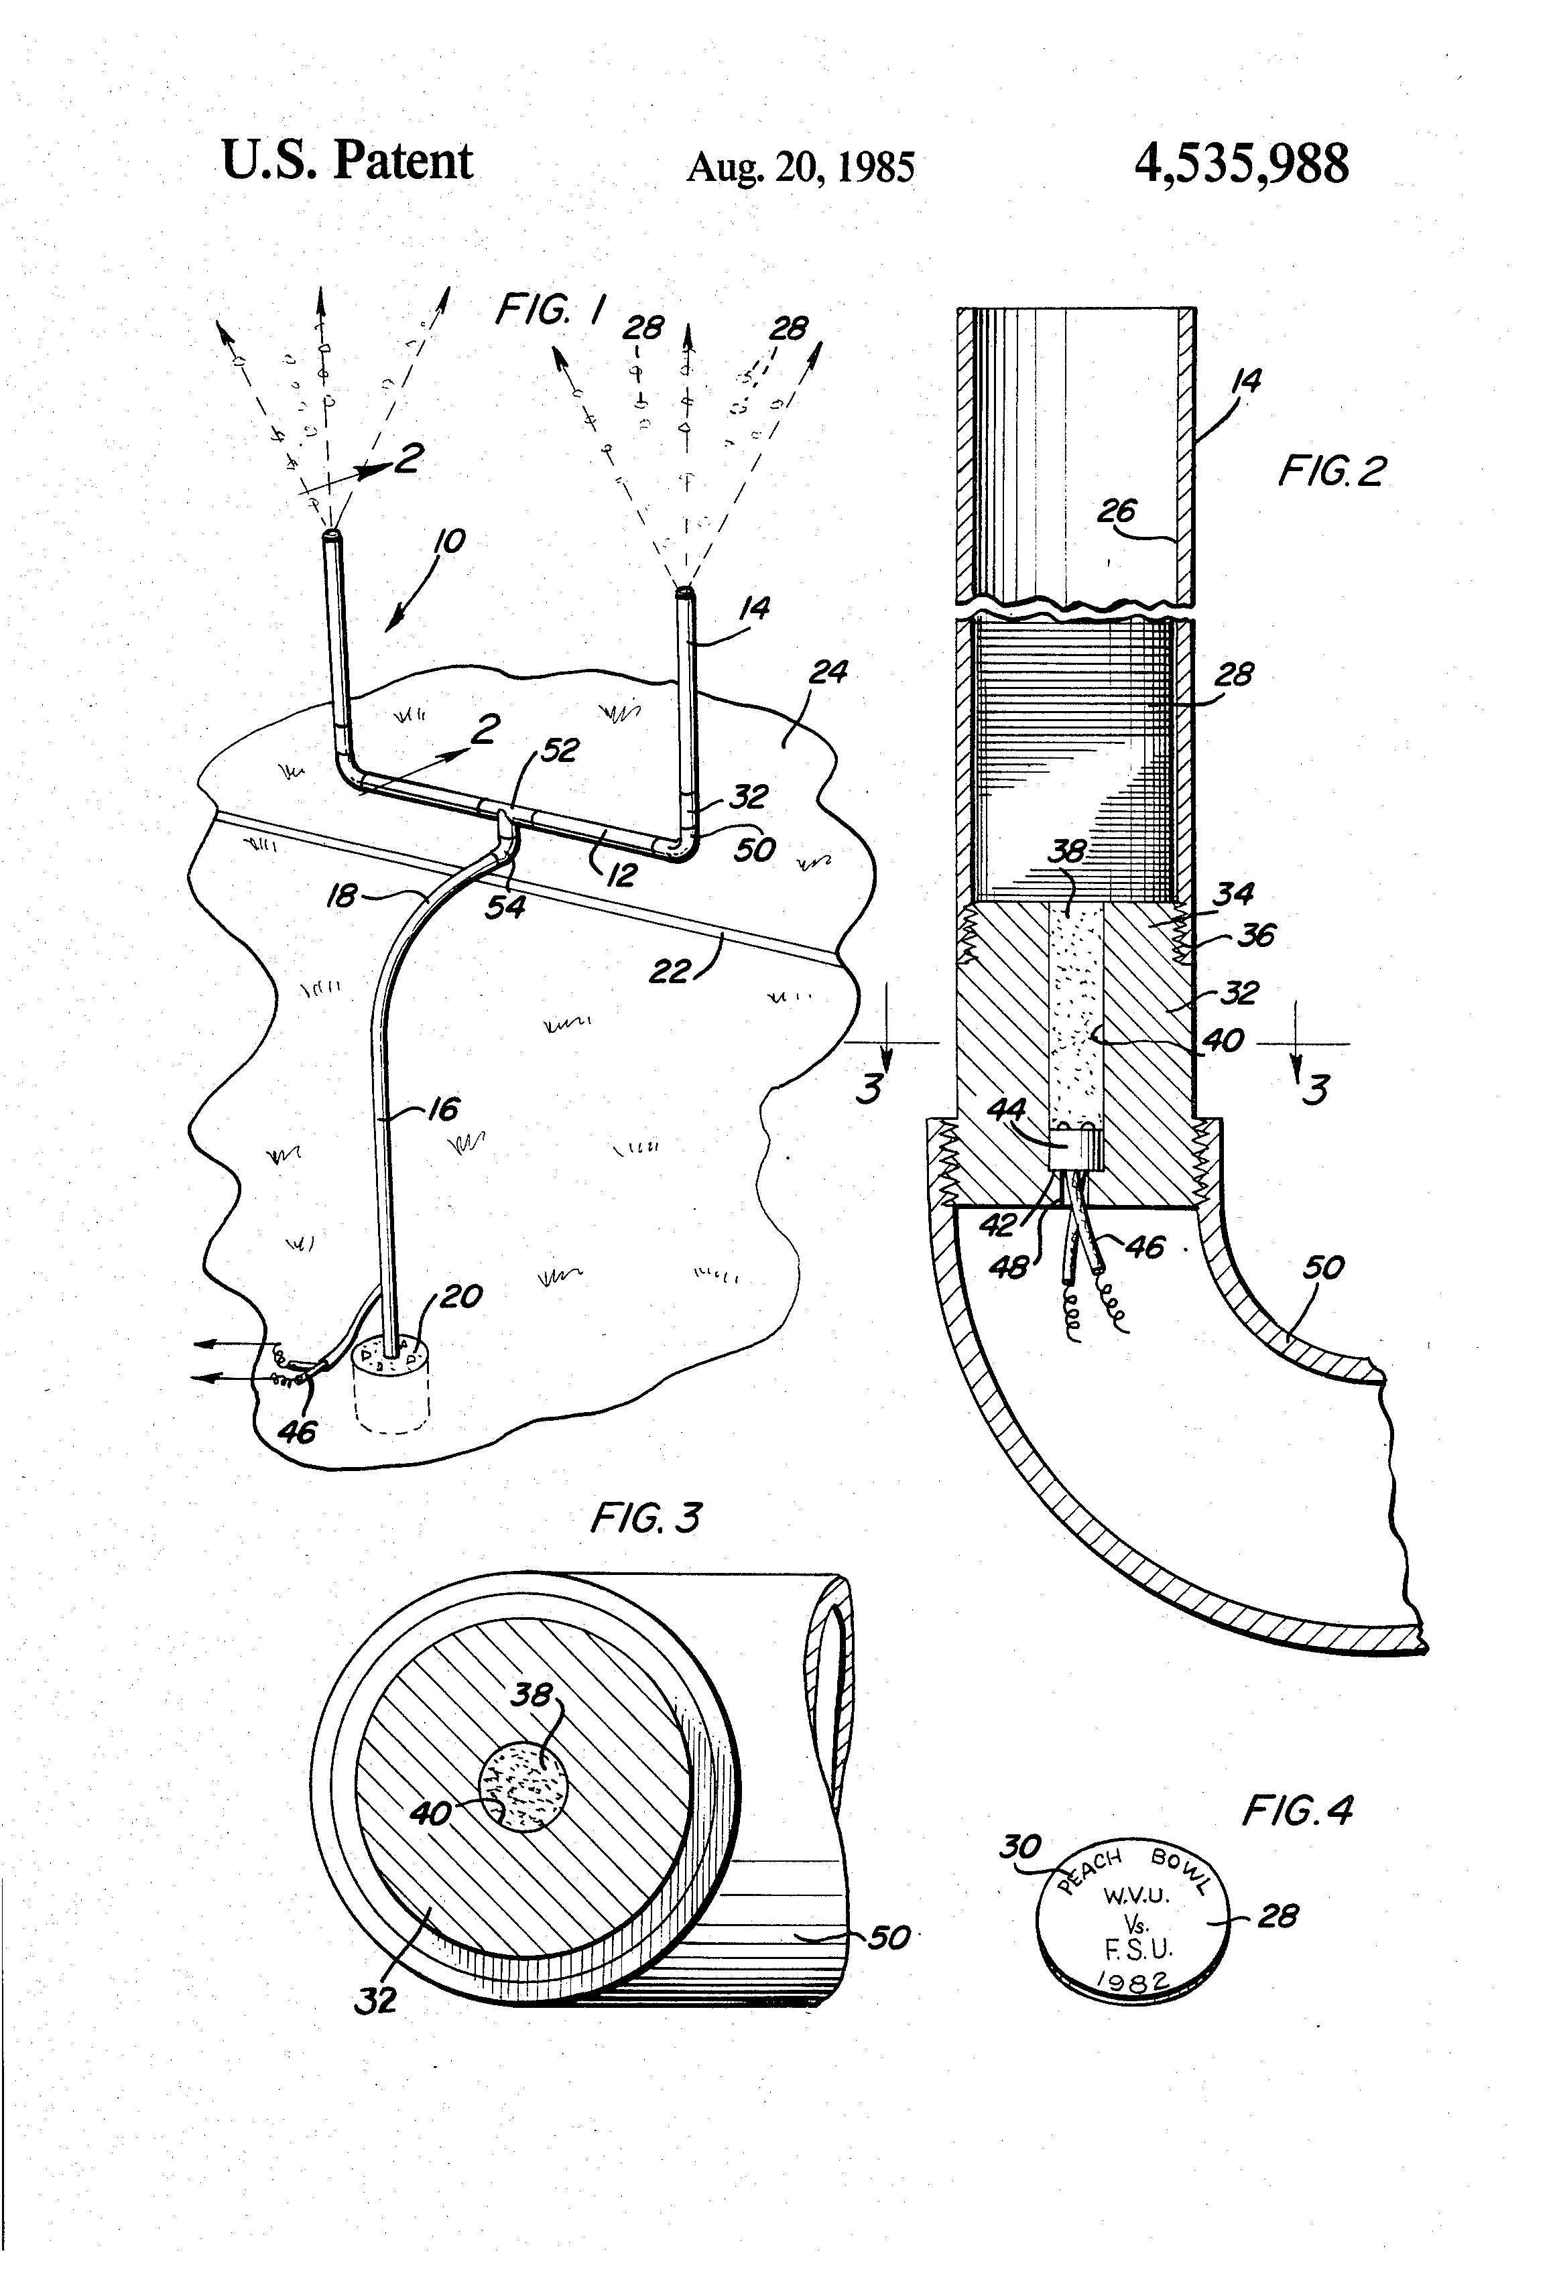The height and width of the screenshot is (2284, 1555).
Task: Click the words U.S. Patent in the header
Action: tap(347, 160)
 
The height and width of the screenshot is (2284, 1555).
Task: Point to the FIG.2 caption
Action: tap(1331, 472)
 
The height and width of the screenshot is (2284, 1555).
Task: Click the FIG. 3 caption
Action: tap(645, 1519)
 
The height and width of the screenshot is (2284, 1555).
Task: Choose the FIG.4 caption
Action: tap(1298, 1810)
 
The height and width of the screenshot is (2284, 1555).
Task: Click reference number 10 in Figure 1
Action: tap(449, 541)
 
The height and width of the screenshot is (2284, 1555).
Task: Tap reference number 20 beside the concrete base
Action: tap(460, 1295)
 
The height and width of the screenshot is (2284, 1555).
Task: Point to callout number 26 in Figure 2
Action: tap(1117, 510)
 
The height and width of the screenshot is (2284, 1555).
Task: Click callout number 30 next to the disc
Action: tap(1019, 1846)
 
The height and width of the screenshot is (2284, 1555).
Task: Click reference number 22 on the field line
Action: tap(670, 972)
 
